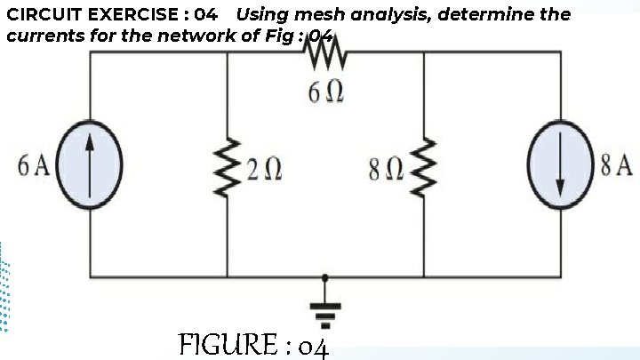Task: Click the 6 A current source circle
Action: (90, 165)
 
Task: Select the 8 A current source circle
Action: (560, 165)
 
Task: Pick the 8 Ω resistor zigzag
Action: (424, 165)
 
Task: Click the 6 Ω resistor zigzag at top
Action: (325, 55)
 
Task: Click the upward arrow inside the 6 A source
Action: (90, 164)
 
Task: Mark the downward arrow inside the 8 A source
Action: (560, 167)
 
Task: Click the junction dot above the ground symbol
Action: (325, 276)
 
